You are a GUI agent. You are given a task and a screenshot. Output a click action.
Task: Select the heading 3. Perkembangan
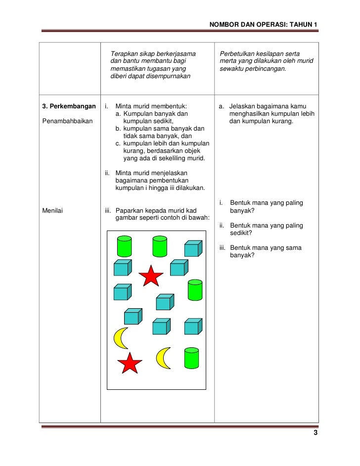(68, 106)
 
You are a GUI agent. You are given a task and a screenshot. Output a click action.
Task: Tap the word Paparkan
(131, 211)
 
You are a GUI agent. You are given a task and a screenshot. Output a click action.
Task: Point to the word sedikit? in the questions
(241, 233)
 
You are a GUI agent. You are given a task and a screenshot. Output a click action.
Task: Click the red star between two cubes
(150, 276)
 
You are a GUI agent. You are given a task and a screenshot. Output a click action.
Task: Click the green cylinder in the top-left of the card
(124, 246)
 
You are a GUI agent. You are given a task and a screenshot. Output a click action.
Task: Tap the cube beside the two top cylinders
(193, 248)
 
